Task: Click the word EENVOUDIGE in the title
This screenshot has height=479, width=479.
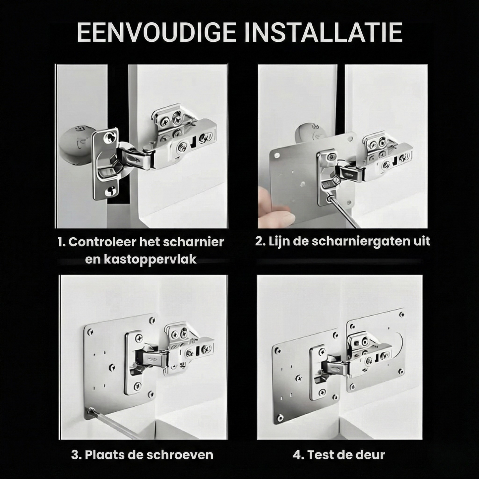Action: point(156,33)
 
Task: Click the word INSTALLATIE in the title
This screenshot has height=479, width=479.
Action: point(324,33)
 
